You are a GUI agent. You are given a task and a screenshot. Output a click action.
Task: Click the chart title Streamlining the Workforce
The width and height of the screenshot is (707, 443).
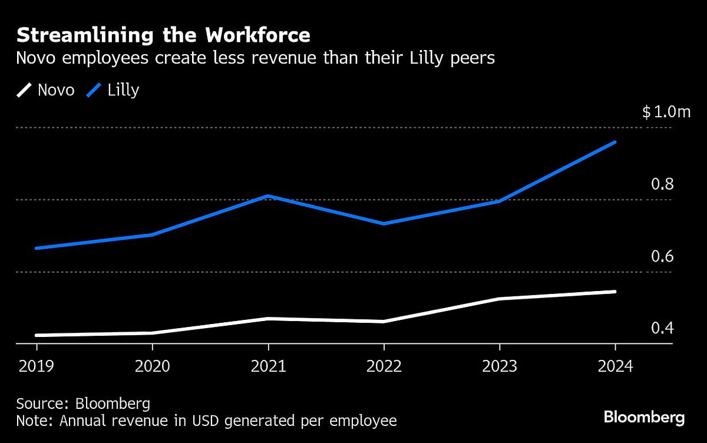click(x=163, y=35)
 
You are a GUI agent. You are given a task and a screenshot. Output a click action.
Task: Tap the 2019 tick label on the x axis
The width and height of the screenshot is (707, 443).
click(x=36, y=366)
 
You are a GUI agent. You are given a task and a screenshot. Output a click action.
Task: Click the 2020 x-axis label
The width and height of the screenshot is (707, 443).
click(x=152, y=366)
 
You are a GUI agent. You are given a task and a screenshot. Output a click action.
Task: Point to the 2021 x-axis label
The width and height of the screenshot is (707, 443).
click(x=268, y=366)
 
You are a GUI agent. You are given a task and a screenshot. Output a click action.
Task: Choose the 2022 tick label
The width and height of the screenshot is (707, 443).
click(x=384, y=366)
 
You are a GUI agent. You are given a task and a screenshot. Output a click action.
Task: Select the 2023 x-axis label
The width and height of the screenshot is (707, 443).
click(x=500, y=366)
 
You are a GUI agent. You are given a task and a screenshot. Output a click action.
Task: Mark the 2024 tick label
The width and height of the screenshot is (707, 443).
click(x=615, y=366)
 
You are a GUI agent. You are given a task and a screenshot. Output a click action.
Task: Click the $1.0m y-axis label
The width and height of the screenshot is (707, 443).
click(x=666, y=112)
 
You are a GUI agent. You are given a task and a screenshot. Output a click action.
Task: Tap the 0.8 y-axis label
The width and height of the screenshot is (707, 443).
click(x=662, y=184)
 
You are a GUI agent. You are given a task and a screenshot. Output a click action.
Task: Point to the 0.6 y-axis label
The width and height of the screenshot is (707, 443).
click(x=662, y=257)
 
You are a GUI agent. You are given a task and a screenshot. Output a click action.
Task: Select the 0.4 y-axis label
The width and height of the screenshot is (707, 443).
click(x=662, y=328)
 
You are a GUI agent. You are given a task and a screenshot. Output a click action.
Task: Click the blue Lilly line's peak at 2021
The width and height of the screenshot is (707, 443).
click(x=268, y=196)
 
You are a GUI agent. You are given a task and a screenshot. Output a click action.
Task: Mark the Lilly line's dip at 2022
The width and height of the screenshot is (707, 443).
click(x=384, y=224)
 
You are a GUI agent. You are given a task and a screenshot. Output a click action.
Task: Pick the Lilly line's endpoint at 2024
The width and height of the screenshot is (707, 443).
click(x=615, y=142)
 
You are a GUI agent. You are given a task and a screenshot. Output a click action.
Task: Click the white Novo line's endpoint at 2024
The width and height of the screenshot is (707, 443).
click(x=615, y=292)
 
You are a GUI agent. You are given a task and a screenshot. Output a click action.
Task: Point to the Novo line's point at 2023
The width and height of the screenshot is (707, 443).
click(x=500, y=299)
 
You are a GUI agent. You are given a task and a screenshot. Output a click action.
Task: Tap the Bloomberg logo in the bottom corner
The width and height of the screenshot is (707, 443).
click(x=644, y=418)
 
